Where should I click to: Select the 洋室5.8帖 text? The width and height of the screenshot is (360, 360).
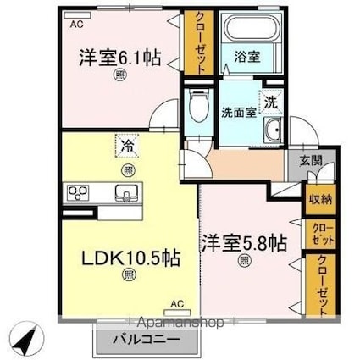(x=243, y=241)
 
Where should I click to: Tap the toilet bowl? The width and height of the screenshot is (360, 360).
(x=197, y=108)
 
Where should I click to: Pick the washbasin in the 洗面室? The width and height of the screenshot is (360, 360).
(x=273, y=130)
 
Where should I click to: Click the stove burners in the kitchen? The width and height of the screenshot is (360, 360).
(x=78, y=191)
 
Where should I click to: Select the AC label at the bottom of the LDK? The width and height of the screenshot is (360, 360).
(x=178, y=302)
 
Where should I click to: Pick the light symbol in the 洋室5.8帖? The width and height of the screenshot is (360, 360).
(x=244, y=261)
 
